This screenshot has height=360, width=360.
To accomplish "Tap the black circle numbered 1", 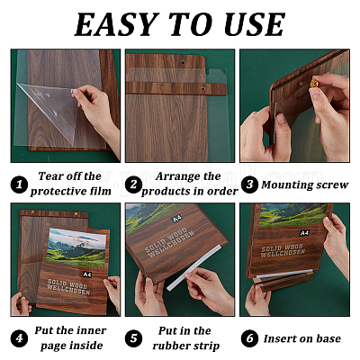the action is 19,184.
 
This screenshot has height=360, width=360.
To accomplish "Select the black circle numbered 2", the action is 133,184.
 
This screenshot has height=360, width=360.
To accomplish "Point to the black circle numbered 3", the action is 249,184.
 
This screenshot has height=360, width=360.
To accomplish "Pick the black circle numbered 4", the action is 19,338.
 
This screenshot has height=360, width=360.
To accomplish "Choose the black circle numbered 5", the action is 134,338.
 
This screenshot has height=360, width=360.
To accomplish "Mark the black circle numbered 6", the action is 249,338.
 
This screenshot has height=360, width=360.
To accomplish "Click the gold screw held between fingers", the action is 314,84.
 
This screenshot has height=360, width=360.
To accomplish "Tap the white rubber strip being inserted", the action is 193,268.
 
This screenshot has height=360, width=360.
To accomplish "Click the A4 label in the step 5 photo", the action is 177,218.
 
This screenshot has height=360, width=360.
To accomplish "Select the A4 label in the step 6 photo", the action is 304,233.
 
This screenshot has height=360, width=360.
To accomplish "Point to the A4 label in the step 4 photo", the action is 87,274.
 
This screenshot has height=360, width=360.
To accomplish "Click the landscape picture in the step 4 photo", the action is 76,248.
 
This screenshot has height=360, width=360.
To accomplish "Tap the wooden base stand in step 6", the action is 283,282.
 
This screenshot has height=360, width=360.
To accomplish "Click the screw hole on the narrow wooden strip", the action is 202,88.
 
